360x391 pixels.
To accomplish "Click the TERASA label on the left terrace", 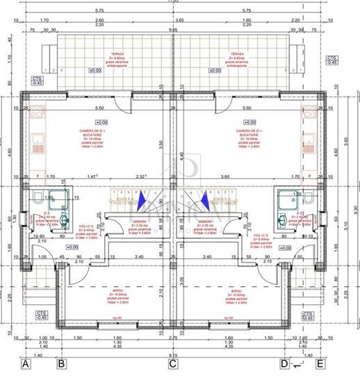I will click(104, 51).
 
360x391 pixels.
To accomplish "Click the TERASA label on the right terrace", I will click(240, 51).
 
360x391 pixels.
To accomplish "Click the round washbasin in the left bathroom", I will click(63, 222).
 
